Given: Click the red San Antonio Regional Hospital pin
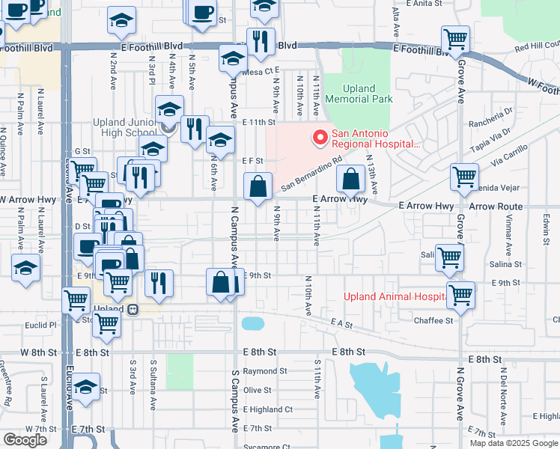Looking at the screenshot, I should (x=320, y=137).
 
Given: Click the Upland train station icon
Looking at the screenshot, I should (x=133, y=309).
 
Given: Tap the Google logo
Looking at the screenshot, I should (x=25, y=439).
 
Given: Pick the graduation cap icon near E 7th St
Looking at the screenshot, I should (x=86, y=387).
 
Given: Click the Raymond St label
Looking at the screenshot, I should (x=264, y=371).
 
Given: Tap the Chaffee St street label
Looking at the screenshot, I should (x=434, y=320).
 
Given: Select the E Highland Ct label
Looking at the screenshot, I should (x=267, y=409).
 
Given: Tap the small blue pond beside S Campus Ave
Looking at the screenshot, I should (x=253, y=323).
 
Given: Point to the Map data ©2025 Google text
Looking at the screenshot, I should (x=513, y=443).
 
